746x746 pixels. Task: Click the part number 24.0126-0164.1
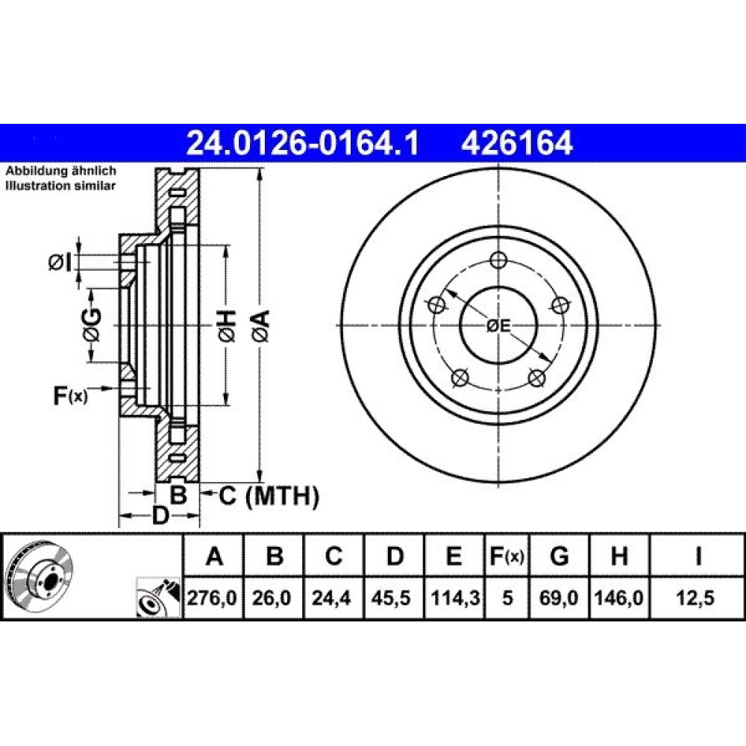coord(303,142)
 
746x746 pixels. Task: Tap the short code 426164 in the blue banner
coord(517,142)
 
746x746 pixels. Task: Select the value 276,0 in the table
coord(212,598)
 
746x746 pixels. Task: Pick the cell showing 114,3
coord(454,598)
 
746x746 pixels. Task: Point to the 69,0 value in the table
coord(559,598)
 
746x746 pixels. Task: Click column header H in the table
coord(619,556)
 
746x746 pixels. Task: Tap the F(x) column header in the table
coord(507,556)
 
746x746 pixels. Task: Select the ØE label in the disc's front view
coord(498,326)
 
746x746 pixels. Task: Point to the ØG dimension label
coord(92,325)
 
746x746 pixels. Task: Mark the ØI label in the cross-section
coord(60,262)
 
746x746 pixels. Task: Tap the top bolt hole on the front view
coord(498,260)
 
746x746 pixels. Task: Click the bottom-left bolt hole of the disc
coord(460,378)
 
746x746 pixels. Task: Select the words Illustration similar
coord(60,186)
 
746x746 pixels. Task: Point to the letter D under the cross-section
coord(160,515)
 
